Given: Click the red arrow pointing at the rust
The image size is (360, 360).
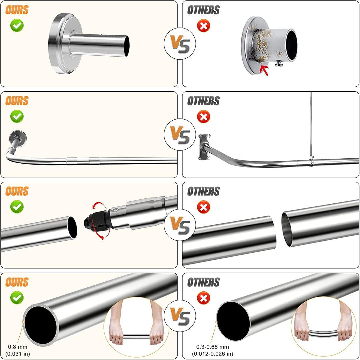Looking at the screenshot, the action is [264, 70].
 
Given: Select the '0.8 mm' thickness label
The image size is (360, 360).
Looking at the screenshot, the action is [17, 347].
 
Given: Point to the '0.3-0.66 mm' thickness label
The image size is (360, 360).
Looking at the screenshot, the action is [213, 347].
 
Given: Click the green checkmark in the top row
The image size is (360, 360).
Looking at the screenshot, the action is [17, 25].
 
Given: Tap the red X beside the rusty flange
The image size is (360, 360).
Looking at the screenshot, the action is [204, 26].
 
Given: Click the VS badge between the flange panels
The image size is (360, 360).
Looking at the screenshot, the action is [180, 44].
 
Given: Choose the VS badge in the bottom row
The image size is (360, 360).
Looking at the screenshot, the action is [180, 316].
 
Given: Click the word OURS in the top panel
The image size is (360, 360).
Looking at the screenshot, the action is [17, 10].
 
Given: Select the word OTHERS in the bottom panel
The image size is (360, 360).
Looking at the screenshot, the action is [203, 282].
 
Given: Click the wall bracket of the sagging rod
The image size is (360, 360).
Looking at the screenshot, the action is [204, 147].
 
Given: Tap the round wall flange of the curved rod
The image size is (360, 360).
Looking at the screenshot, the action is [18, 138].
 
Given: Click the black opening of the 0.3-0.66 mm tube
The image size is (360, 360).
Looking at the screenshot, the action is [233, 321].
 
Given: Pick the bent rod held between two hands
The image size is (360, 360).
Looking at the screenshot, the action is [323, 333].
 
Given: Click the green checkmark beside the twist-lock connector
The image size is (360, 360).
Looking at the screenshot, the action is [17, 206].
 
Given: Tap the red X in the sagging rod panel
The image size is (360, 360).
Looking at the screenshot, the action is [204, 117].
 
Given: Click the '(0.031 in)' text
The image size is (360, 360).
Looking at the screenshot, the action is [17, 354].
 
